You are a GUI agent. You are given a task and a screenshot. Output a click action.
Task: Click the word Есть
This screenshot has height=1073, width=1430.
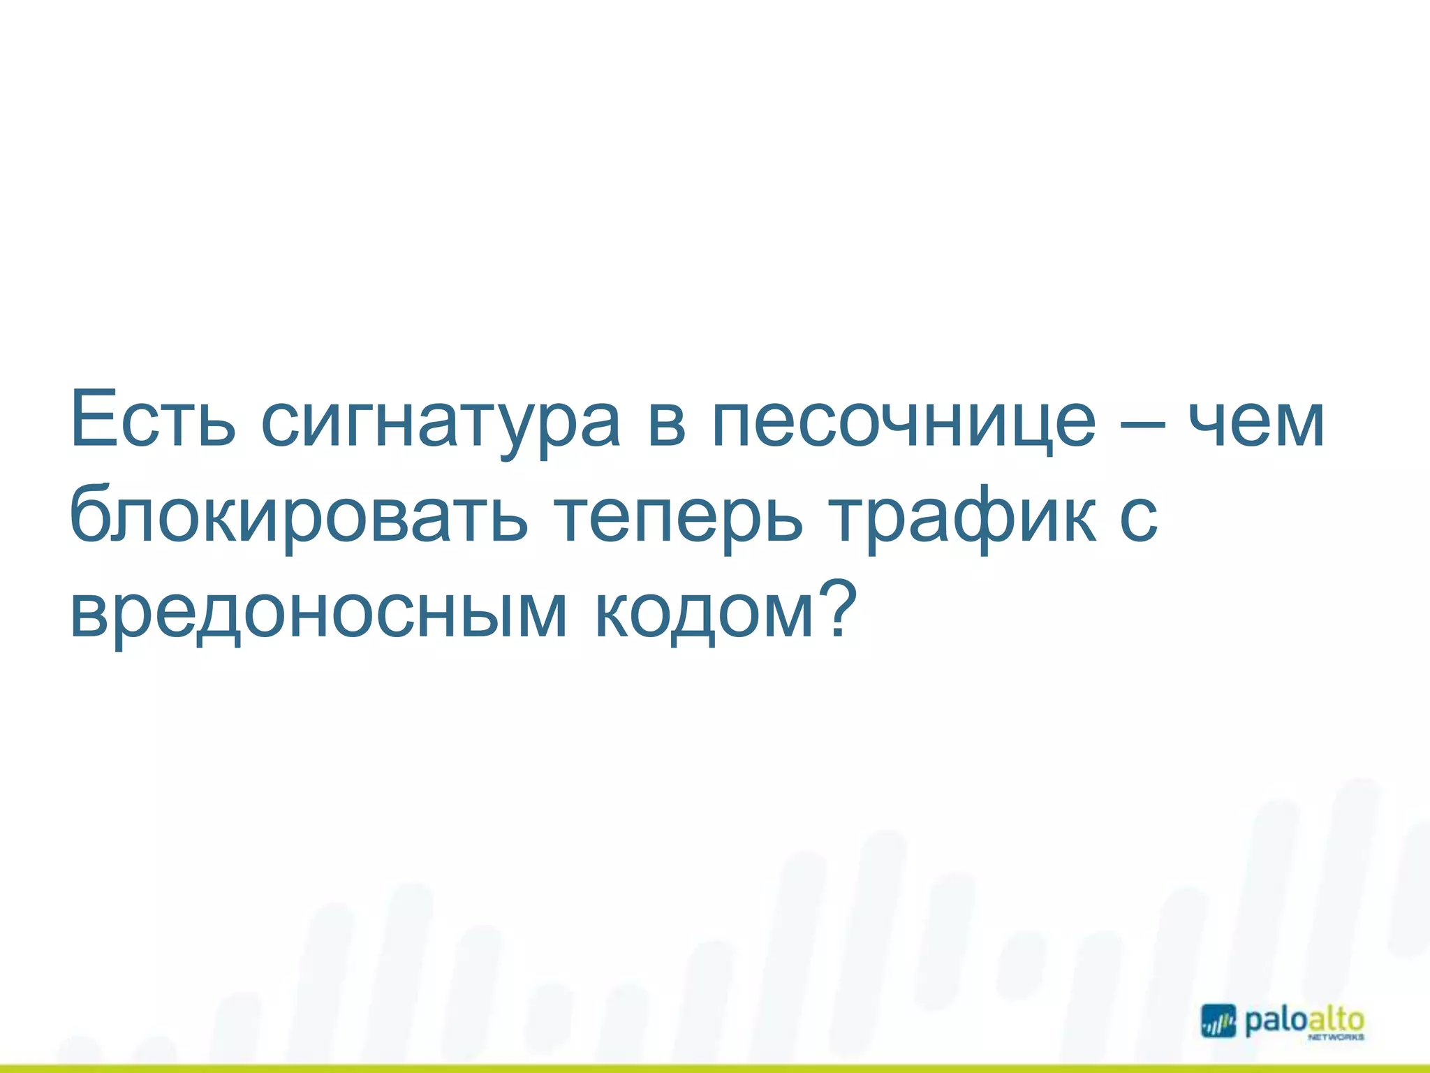click(153, 421)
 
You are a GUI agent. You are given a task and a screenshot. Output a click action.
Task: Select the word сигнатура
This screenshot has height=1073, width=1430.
click(441, 426)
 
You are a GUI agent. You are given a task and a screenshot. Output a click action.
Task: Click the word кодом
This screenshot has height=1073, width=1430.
click(705, 615)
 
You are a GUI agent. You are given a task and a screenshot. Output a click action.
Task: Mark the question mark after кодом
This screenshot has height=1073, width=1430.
click(836, 605)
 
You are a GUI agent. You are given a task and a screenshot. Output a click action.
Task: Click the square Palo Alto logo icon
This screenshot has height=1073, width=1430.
click(1218, 1021)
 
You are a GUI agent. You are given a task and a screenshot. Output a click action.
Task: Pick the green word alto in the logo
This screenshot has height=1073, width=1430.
click(1335, 1020)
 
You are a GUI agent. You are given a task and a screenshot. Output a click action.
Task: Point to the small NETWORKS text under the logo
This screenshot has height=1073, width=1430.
click(1334, 1038)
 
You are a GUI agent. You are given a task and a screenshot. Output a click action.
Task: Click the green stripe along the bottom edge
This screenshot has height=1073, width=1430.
click(715, 1068)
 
